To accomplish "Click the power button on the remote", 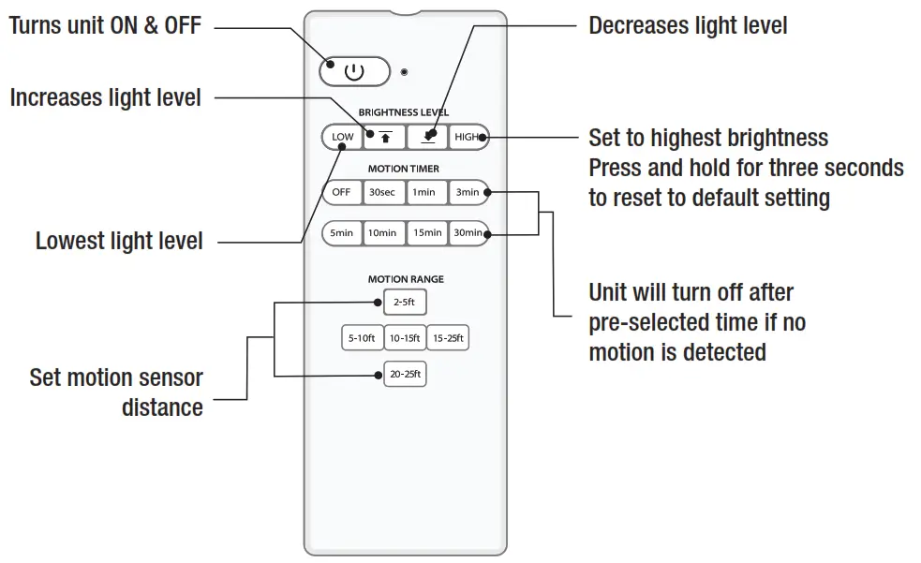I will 354,71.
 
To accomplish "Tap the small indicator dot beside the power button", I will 404,72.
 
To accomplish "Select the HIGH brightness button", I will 467,137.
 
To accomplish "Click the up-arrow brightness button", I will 384,137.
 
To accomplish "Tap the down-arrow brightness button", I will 427,137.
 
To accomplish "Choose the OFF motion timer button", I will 341,192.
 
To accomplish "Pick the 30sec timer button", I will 382,192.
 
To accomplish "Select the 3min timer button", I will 468,192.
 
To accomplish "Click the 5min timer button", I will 342,232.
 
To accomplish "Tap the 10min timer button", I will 382,232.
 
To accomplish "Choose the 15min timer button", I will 426,232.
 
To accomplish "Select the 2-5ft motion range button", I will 405,303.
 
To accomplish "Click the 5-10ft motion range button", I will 362,338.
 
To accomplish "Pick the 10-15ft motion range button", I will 405,338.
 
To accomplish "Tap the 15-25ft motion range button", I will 448,338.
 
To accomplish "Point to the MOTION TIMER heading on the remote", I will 404,170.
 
